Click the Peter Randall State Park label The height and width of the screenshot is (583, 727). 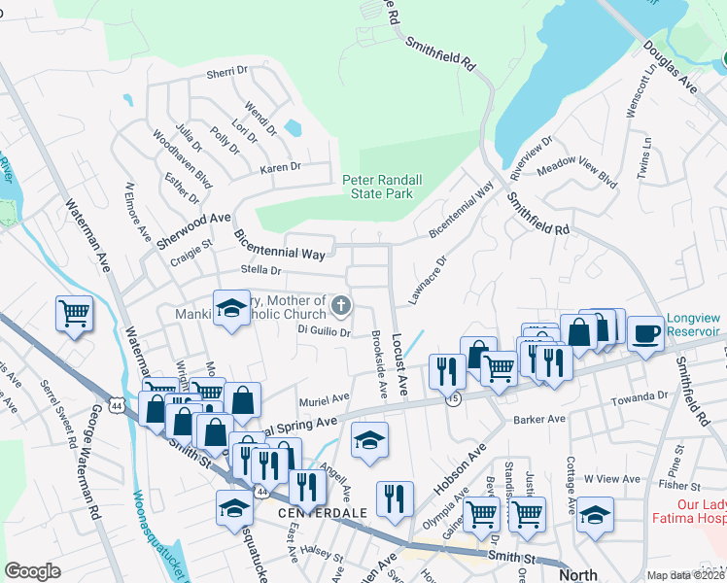(x=382, y=187)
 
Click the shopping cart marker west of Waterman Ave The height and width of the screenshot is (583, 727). (x=74, y=314)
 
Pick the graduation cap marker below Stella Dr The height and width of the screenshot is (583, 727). (x=231, y=309)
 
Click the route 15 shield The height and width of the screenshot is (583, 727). (x=453, y=399)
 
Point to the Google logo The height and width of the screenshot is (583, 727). (x=32, y=570)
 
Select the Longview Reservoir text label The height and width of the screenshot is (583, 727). (x=695, y=326)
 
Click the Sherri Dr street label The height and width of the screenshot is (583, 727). (x=227, y=74)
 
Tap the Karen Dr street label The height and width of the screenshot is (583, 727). (x=280, y=168)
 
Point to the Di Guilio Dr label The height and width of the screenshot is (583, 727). (x=324, y=331)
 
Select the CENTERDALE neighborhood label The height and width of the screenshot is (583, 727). (x=322, y=511)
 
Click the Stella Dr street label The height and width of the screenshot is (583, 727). (x=260, y=271)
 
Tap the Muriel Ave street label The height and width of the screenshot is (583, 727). (x=325, y=398)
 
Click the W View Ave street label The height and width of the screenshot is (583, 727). (x=612, y=478)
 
